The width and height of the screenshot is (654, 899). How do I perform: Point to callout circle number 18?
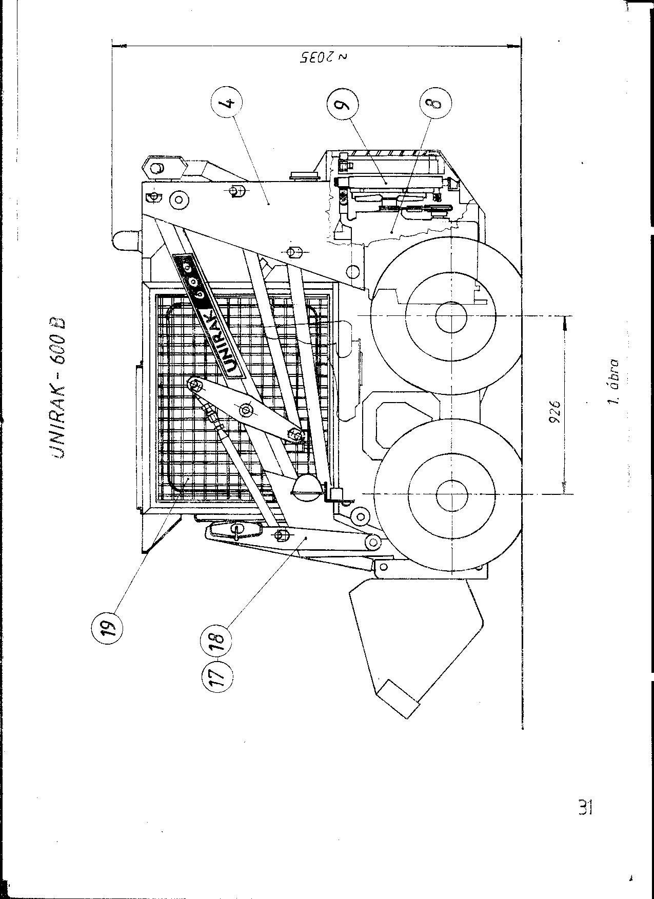click(217, 640)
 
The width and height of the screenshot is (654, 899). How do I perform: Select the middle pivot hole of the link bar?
click(245, 409)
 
